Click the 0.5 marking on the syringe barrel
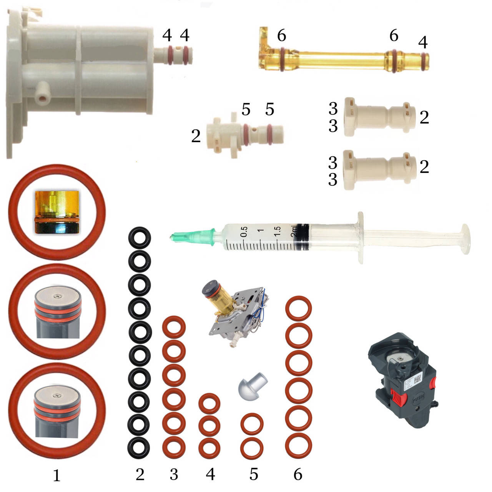(244, 231)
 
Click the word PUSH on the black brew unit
(418, 397)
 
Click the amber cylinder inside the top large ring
(57, 212)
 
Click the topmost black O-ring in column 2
(140, 238)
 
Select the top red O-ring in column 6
(298, 308)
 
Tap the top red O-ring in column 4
(209, 404)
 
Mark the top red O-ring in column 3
(174, 327)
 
